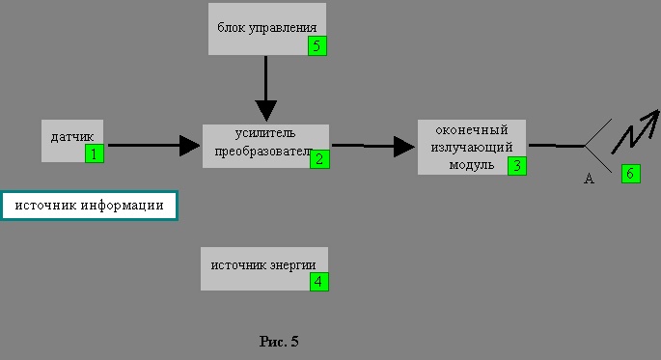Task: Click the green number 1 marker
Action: (x=94, y=153)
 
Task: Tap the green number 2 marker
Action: (x=319, y=159)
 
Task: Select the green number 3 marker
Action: (x=516, y=165)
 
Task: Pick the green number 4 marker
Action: (x=318, y=282)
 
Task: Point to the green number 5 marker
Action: (x=317, y=45)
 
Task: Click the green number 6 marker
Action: (x=630, y=174)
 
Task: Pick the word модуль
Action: (x=472, y=164)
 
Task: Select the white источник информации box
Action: (x=89, y=205)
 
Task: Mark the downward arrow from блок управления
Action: (x=265, y=92)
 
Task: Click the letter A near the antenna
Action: (x=589, y=179)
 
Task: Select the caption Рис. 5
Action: (x=280, y=341)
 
